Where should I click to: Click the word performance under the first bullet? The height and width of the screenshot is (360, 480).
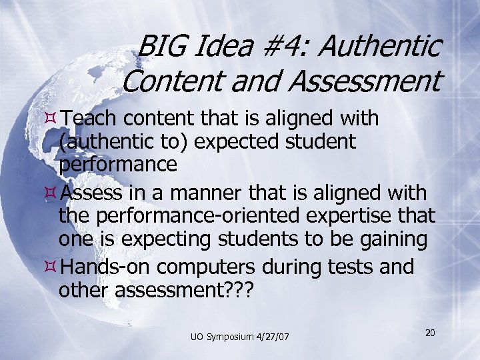pos(118,164)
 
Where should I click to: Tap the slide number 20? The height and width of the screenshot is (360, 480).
pos(430,332)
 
